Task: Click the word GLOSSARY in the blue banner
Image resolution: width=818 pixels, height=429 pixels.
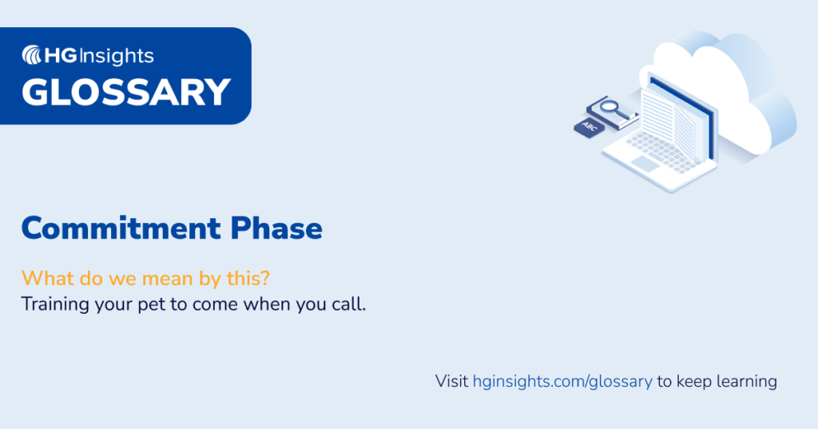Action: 125,92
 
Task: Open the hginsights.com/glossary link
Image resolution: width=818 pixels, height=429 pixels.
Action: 562,381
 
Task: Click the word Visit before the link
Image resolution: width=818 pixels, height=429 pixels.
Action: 451,381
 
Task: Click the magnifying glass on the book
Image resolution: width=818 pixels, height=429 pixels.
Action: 611,105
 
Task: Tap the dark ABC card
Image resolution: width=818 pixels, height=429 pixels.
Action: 590,126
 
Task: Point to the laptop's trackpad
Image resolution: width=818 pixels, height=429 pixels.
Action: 645,164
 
